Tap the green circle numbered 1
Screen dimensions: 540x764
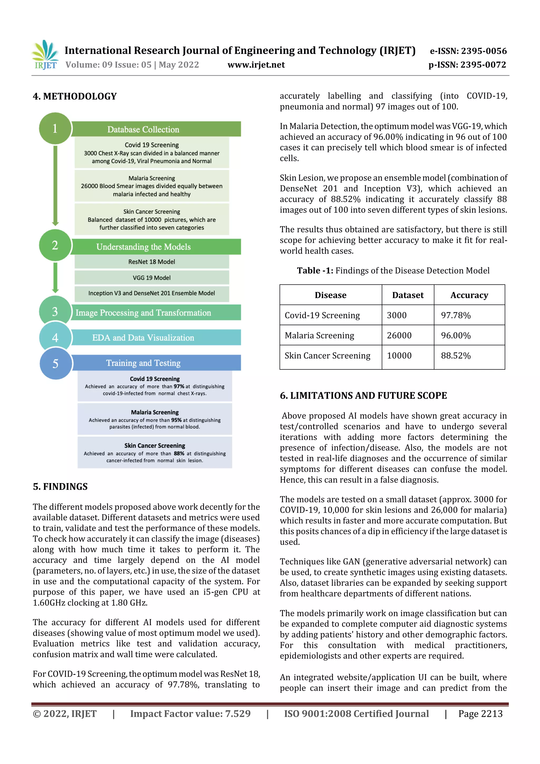click(55, 128)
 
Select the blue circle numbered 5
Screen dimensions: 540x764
click(56, 363)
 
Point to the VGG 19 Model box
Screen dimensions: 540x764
click(152, 277)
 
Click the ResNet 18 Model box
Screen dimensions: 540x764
click(152, 262)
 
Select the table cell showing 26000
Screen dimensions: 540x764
click(399, 335)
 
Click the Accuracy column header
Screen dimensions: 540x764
click(469, 295)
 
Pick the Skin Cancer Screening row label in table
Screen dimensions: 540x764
click(327, 356)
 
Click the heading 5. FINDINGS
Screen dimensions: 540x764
click(60, 487)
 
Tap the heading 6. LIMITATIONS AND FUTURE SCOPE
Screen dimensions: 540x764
click(363, 395)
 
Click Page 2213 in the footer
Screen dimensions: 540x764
click(480, 713)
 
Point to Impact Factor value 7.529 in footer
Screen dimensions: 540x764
click(190, 713)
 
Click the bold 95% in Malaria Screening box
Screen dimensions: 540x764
click(176, 420)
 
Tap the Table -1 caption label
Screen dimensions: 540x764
click(315, 271)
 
